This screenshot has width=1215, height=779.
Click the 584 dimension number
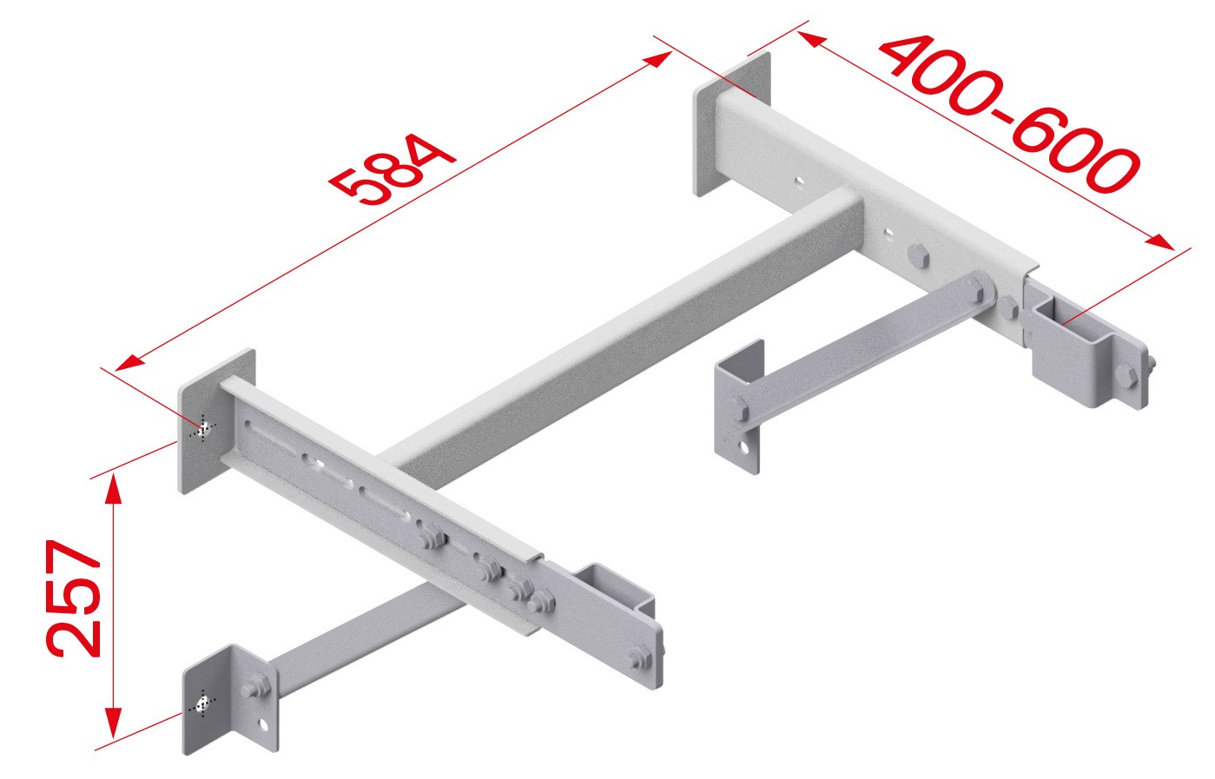pos(392,169)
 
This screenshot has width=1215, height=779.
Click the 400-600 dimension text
pos(1010,114)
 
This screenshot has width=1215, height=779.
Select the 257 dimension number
pos(74,598)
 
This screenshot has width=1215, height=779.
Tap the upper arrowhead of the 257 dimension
pos(113,488)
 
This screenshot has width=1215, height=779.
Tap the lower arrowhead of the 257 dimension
pos(113,723)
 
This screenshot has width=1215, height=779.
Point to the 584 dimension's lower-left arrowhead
pos(130,362)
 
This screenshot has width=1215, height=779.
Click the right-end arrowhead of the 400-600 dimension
pos(1159,241)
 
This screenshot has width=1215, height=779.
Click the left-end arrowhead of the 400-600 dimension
pos(812,39)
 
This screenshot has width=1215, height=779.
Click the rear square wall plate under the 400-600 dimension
pos(732,123)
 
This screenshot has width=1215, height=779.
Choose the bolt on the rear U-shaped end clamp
pos(1127,375)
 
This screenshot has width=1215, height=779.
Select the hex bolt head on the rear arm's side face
pos(918,255)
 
